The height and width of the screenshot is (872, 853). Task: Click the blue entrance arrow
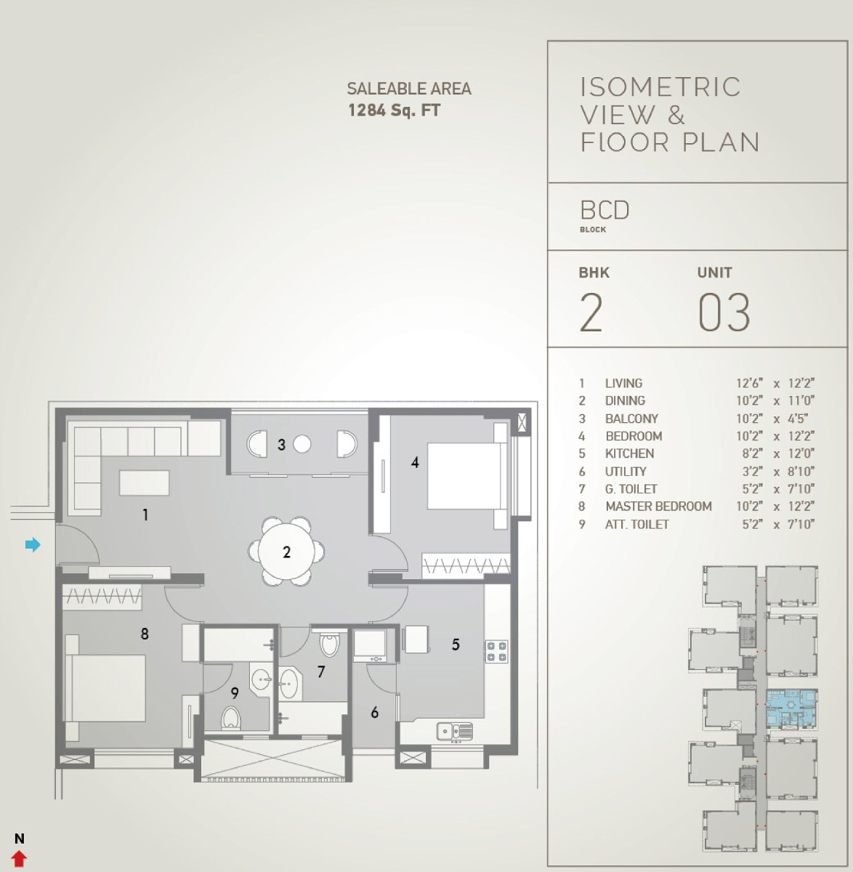pos(33,545)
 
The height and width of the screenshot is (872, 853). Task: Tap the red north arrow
pos(19,859)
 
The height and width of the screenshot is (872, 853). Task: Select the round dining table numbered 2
pos(287,552)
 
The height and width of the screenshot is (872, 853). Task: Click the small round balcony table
pos(302,443)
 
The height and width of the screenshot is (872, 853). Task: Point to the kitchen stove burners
pos(496,651)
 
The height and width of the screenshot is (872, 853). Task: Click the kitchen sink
pos(455,732)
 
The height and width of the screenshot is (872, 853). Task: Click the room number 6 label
pos(374,711)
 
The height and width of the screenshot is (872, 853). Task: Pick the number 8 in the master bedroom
pos(145,633)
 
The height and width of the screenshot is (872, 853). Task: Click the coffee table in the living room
pos(145,483)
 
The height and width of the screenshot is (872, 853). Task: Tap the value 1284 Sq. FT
pos(395,110)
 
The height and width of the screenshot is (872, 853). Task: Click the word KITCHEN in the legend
pos(629,453)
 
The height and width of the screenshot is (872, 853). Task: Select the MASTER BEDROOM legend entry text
pos(658,506)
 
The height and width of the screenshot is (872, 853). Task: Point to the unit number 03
pos(724,312)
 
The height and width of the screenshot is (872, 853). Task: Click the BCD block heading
pos(605,210)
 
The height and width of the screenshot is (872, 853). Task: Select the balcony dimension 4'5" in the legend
pos(798,418)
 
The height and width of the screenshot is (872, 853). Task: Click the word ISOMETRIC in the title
pos(660,87)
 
